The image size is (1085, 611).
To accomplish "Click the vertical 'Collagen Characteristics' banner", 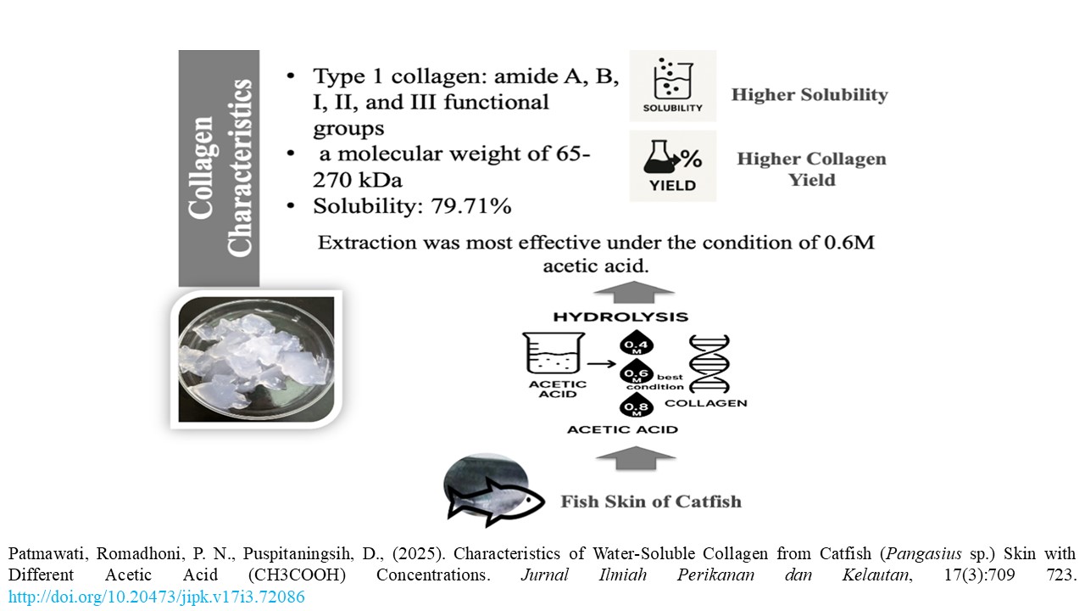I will [219, 168].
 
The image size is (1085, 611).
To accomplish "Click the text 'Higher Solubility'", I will [810, 94].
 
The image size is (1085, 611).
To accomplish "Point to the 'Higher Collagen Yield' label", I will [811, 169].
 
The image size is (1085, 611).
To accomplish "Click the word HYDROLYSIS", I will [620, 317].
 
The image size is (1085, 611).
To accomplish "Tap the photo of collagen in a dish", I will [256, 358].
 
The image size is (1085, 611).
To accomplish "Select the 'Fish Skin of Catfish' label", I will [650, 501].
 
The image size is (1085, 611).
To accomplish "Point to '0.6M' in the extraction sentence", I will [849, 243].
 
